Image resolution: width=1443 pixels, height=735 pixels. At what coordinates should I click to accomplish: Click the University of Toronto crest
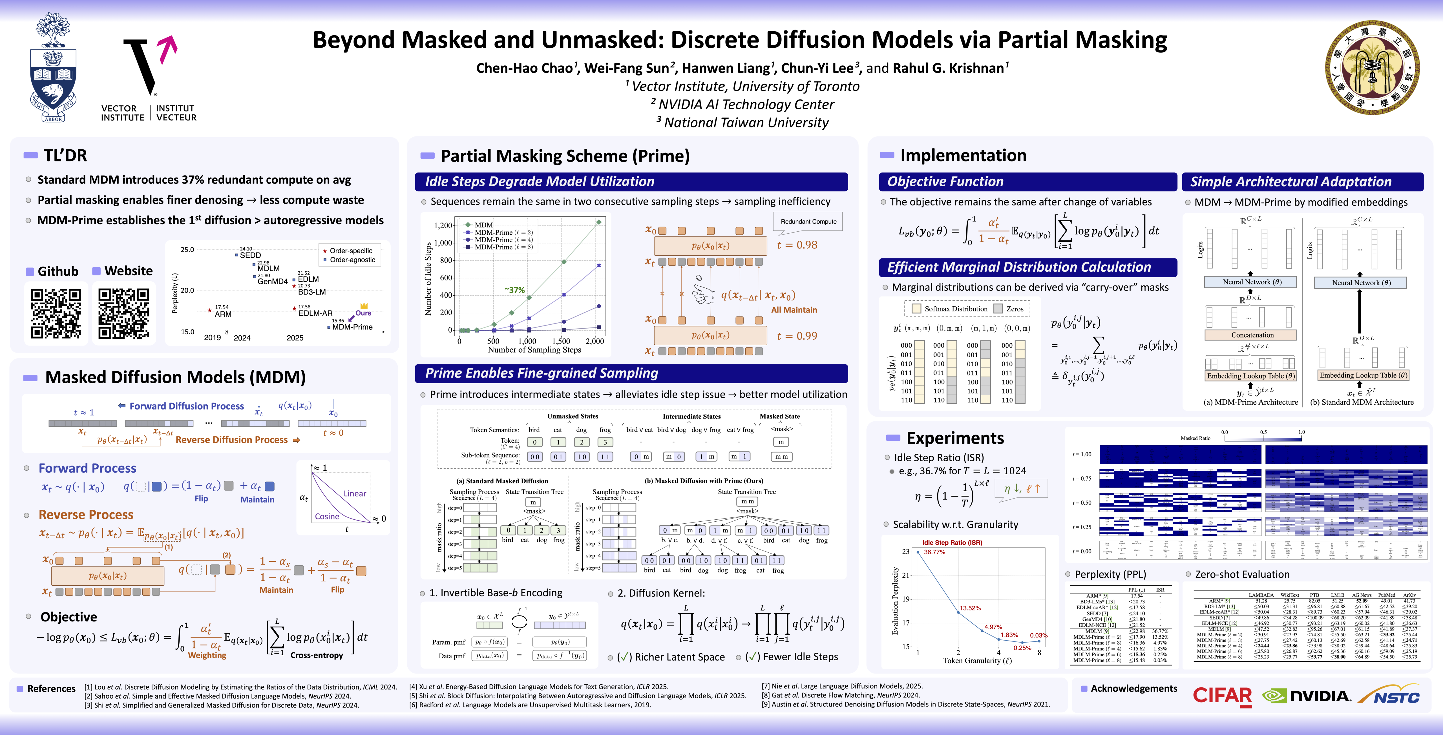click(53, 68)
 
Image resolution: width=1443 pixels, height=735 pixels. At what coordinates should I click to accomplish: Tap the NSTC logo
click(1389, 696)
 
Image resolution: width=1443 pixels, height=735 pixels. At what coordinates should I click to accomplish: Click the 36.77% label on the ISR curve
click(934, 552)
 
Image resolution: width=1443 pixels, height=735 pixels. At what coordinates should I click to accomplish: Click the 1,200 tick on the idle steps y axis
click(443, 225)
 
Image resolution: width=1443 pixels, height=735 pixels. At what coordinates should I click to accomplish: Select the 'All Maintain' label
click(794, 310)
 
